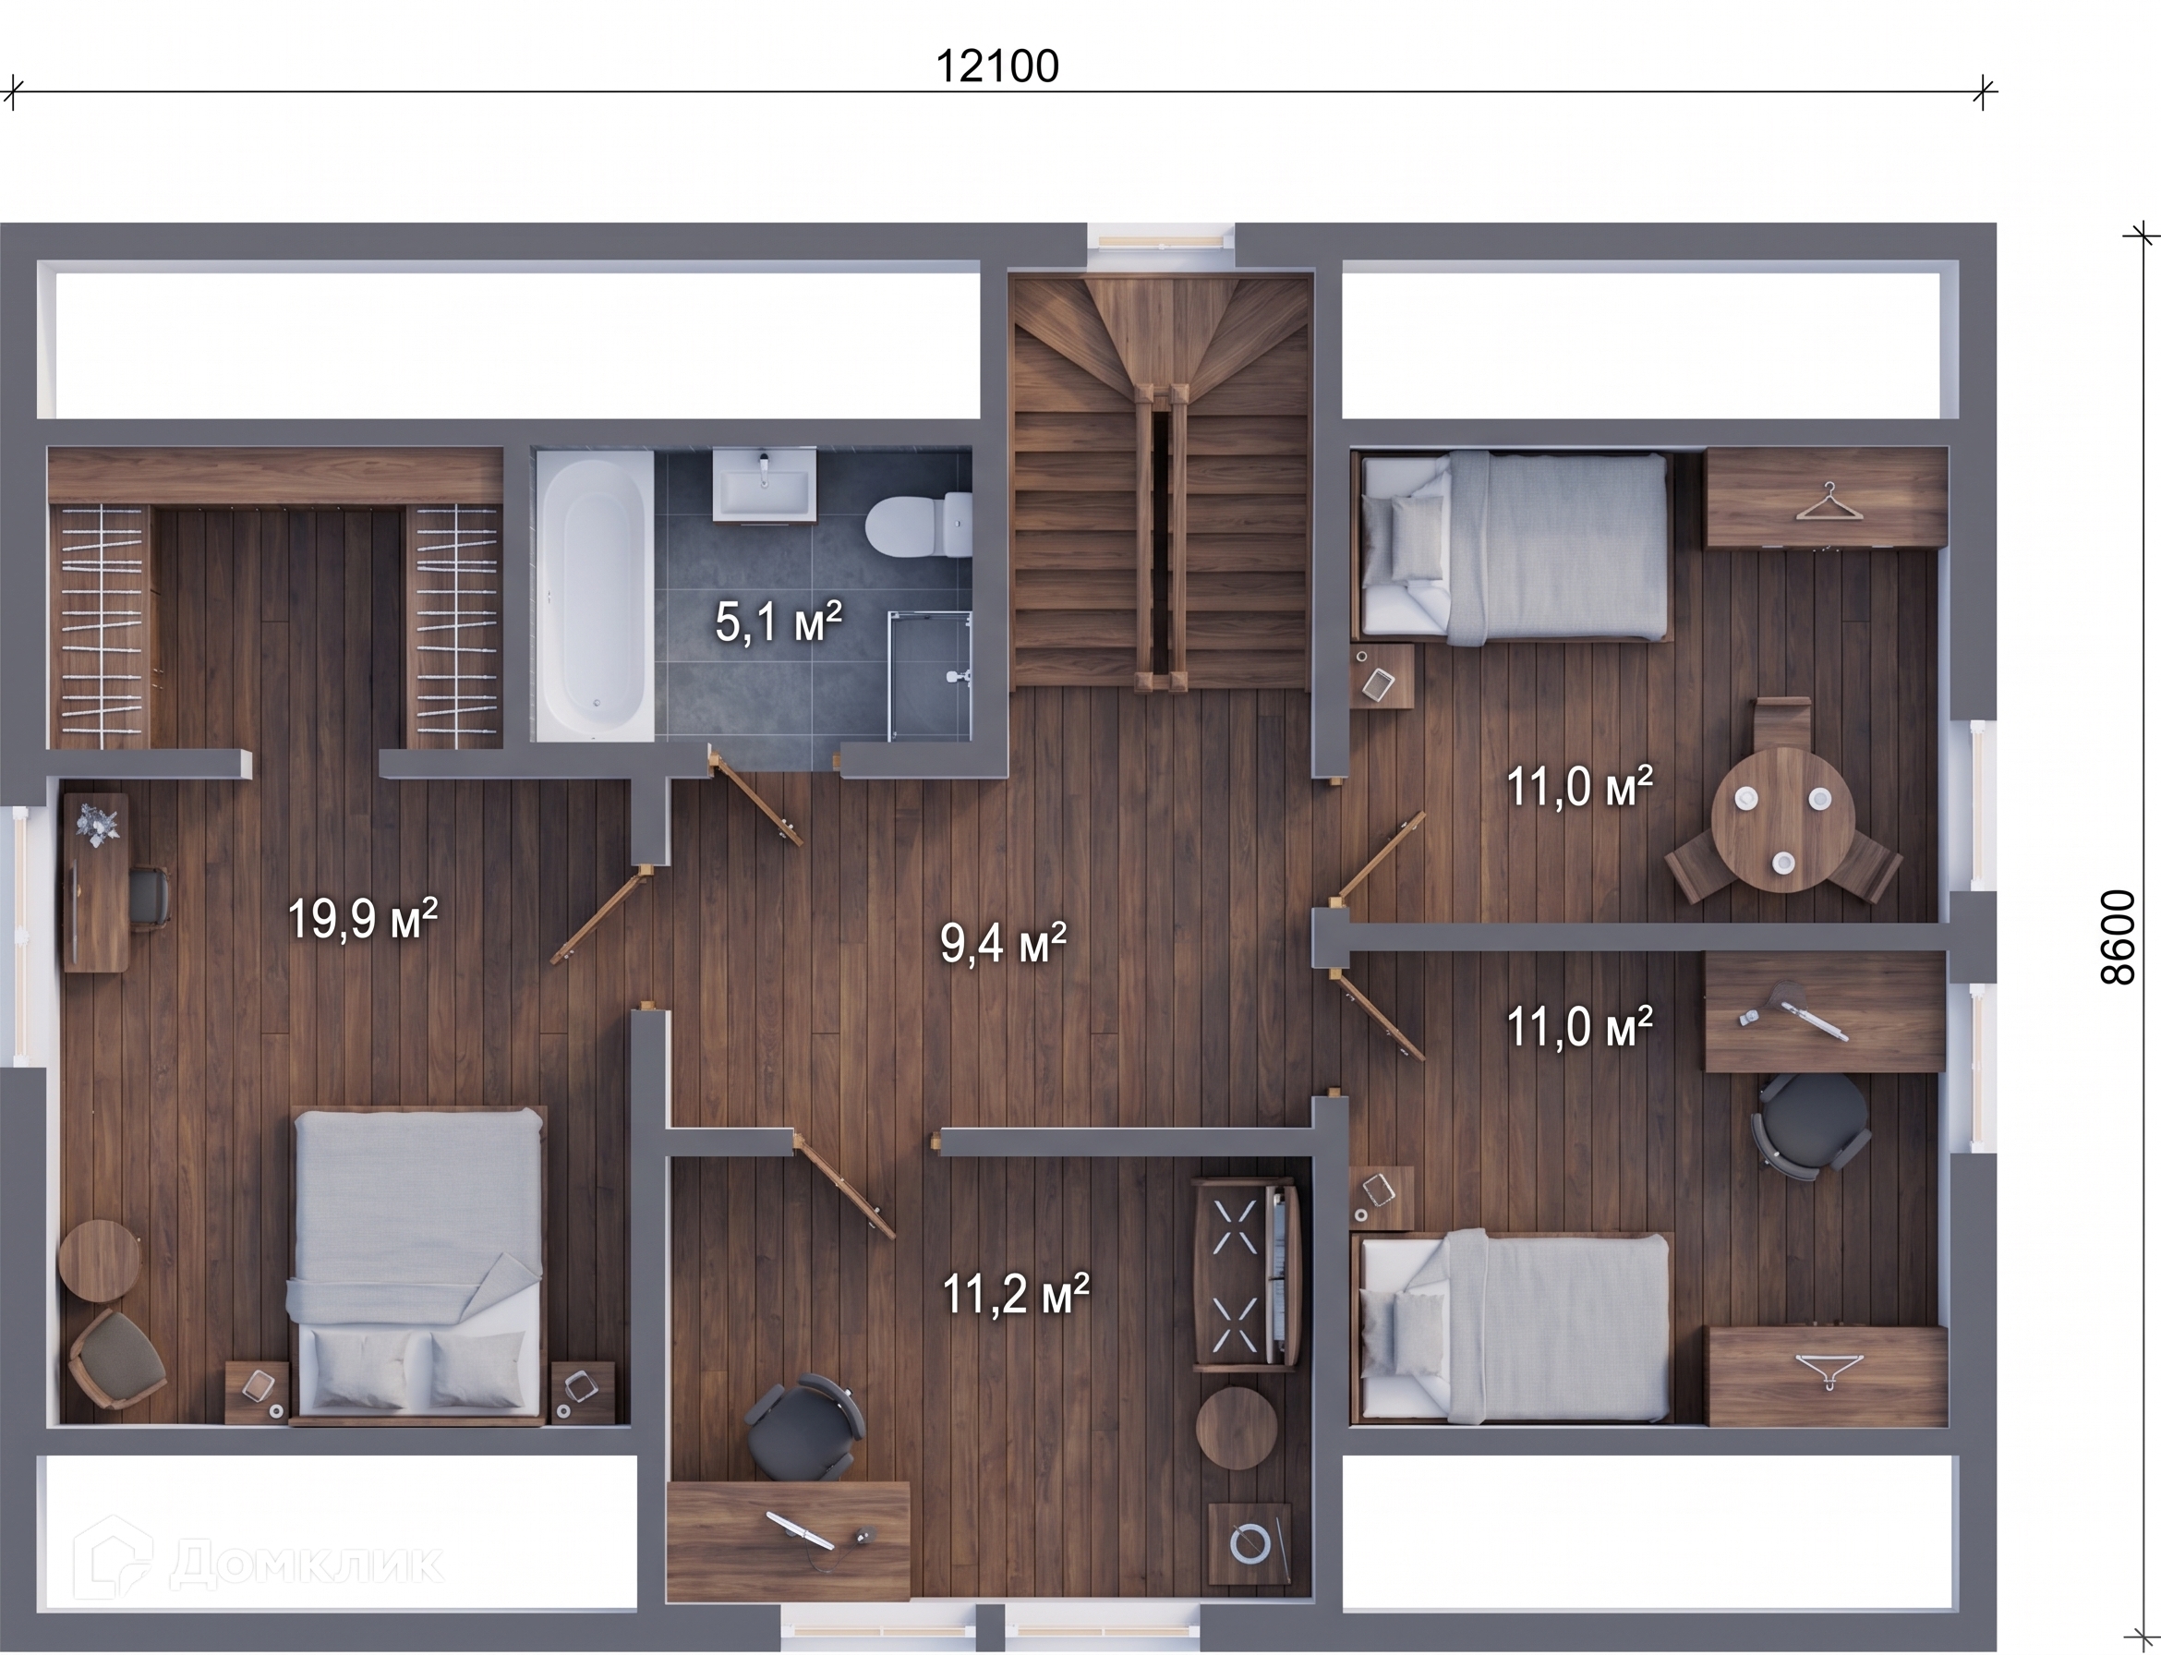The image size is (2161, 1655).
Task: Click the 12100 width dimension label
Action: [996, 67]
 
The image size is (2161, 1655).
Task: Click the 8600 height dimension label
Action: [2117, 936]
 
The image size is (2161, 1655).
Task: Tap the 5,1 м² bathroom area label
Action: [779, 622]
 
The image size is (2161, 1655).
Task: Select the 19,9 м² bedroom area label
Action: [361, 918]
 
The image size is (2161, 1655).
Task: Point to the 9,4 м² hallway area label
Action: [1003, 943]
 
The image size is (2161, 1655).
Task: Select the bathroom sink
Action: [765, 484]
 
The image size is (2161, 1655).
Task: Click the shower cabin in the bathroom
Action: [930, 676]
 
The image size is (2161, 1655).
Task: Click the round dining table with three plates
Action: [1782, 818]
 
